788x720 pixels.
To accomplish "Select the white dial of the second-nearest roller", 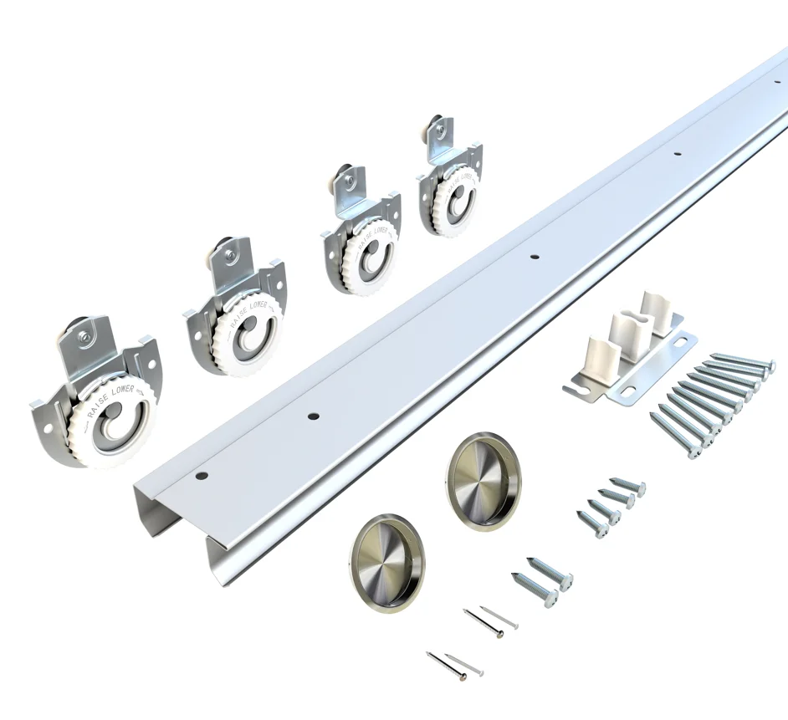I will pyautogui.click(x=246, y=332).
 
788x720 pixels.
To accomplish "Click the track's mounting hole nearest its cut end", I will pyautogui.click(x=201, y=476).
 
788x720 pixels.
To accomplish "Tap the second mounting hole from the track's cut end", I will pyautogui.click(x=312, y=416).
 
